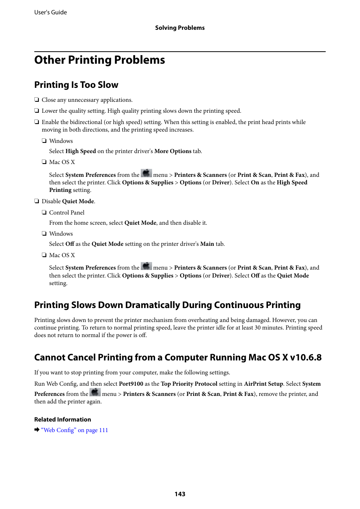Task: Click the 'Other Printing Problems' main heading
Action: coord(100,60)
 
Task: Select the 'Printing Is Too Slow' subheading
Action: coord(76,85)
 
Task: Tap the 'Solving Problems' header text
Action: coord(180,28)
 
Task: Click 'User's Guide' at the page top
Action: coord(51,12)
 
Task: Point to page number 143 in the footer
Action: coord(180,494)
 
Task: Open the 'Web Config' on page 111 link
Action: coord(75,430)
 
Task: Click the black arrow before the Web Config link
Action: coord(37,430)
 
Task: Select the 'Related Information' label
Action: coord(63,420)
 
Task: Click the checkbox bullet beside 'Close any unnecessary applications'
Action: coord(37,100)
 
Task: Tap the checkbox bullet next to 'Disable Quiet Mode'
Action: coord(37,201)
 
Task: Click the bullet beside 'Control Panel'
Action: coord(44,213)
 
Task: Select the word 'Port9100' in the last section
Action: coord(131,384)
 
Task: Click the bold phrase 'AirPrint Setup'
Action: coord(263,384)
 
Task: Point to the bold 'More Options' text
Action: coord(173,151)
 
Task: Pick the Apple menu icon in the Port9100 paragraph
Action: coord(95,393)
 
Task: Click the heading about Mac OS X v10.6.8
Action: coord(178,357)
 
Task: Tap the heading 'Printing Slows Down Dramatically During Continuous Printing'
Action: coord(167,305)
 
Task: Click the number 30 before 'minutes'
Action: coord(258,328)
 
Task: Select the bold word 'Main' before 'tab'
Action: coord(207,244)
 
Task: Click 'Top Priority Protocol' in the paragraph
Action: coord(189,384)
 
